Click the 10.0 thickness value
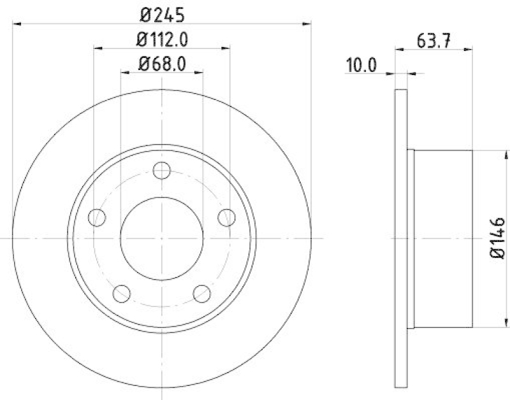pyautogui.click(x=361, y=64)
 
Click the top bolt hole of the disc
pyautogui.click(x=162, y=170)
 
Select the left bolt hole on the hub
pyautogui.click(x=97, y=217)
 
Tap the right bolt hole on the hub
pyautogui.click(x=227, y=217)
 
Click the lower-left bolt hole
pyautogui.click(x=122, y=294)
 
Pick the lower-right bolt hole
pyautogui.click(x=202, y=294)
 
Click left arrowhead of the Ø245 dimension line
pyautogui.click(x=17, y=24)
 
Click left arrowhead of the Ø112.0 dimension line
pyautogui.click(x=98, y=48)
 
